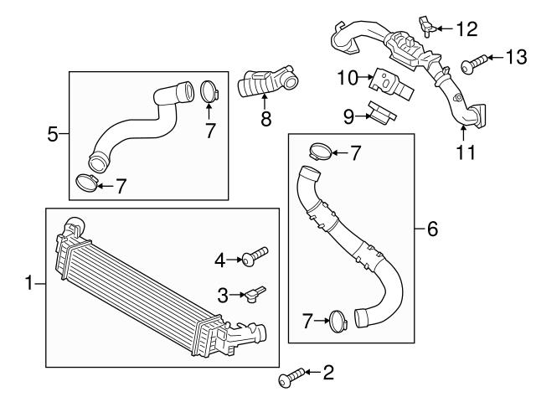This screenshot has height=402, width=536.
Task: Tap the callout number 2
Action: point(327,372)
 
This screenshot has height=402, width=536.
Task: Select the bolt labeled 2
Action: point(286,381)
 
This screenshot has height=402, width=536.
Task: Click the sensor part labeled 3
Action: point(252,294)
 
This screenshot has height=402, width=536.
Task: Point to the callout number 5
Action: point(53,133)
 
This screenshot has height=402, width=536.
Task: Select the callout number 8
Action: point(266,119)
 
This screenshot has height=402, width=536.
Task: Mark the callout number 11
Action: point(466,152)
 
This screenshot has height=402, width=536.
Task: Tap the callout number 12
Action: point(466,30)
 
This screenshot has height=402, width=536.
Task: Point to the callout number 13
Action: point(516,57)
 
